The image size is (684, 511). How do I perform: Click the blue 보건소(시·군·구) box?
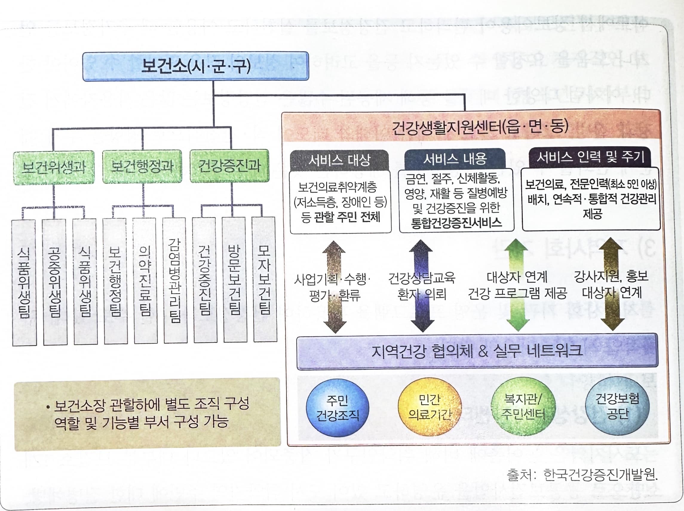tap(195, 66)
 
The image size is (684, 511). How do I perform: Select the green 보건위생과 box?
tap(54, 167)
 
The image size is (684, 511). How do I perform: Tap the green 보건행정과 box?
tap(142, 167)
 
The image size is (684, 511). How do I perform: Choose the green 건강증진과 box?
tap(229, 166)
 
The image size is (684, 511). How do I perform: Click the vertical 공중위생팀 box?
tap(55, 281)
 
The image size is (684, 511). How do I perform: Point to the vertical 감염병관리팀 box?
tap(175, 280)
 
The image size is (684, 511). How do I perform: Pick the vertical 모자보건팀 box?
tap(265, 279)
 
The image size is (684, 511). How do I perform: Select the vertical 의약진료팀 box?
tap(145, 281)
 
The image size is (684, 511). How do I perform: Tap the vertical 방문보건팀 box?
tap(235, 280)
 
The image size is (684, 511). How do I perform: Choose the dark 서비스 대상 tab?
tap(339, 160)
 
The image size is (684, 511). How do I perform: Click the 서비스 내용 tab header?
tap(455, 159)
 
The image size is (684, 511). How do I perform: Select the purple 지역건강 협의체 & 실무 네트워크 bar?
tap(477, 351)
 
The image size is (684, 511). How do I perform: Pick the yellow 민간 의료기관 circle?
tap(429, 406)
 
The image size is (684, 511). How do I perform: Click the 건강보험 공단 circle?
tap(617, 406)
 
